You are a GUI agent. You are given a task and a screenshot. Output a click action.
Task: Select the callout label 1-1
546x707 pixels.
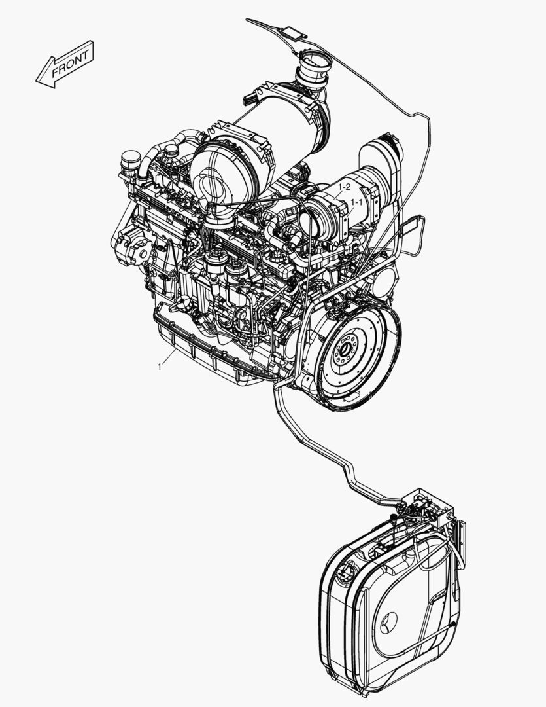click(x=356, y=203)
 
